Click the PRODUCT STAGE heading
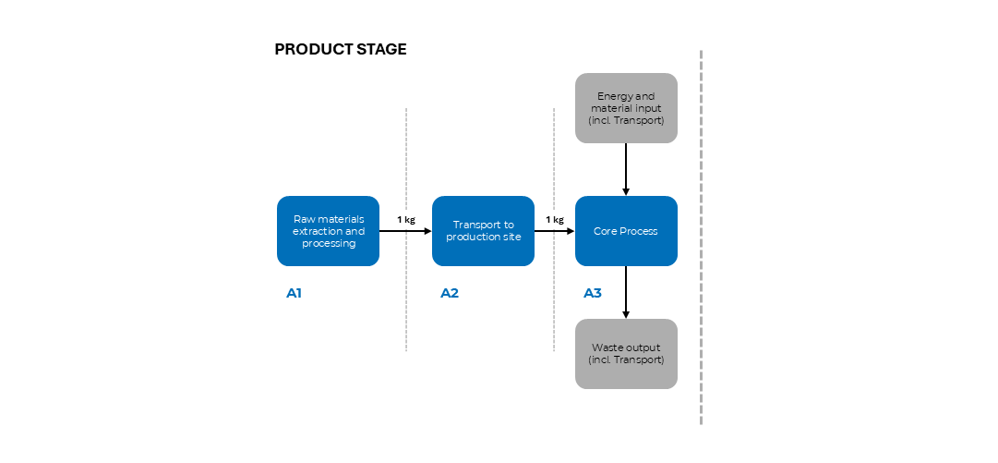(x=340, y=50)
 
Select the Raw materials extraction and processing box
(x=328, y=231)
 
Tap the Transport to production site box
(x=483, y=231)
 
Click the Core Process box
(x=626, y=231)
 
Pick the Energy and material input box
(x=626, y=108)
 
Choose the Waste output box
(x=626, y=354)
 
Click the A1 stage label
(x=295, y=294)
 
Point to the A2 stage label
(x=450, y=294)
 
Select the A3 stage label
(x=593, y=294)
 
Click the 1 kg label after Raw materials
(x=405, y=220)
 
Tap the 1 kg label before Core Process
(x=554, y=220)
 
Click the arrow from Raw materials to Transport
(x=405, y=231)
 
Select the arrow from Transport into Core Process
(x=554, y=231)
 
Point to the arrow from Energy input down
(x=626, y=169)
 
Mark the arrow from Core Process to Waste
(x=626, y=292)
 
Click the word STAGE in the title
(x=381, y=50)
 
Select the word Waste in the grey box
(x=607, y=347)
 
